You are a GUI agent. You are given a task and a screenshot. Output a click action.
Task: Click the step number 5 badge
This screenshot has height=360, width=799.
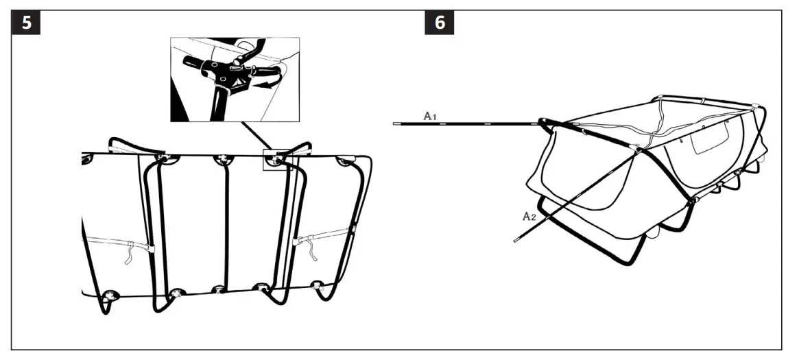click(x=27, y=22)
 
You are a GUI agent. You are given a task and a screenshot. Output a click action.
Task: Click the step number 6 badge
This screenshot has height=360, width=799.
click(x=440, y=22)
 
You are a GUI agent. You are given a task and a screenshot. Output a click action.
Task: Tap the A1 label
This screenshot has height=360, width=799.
click(x=430, y=116)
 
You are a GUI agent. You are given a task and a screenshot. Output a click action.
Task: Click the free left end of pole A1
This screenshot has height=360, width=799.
click(x=396, y=124)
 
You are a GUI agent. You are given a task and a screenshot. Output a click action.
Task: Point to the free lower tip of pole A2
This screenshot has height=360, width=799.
click(x=514, y=241)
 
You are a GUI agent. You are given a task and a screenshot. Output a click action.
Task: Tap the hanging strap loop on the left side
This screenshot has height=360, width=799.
click(x=128, y=254)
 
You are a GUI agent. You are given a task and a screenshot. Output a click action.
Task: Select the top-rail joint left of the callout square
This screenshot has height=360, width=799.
click(x=222, y=160)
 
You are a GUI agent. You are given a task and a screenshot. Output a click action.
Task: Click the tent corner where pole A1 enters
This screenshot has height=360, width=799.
click(x=545, y=124)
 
